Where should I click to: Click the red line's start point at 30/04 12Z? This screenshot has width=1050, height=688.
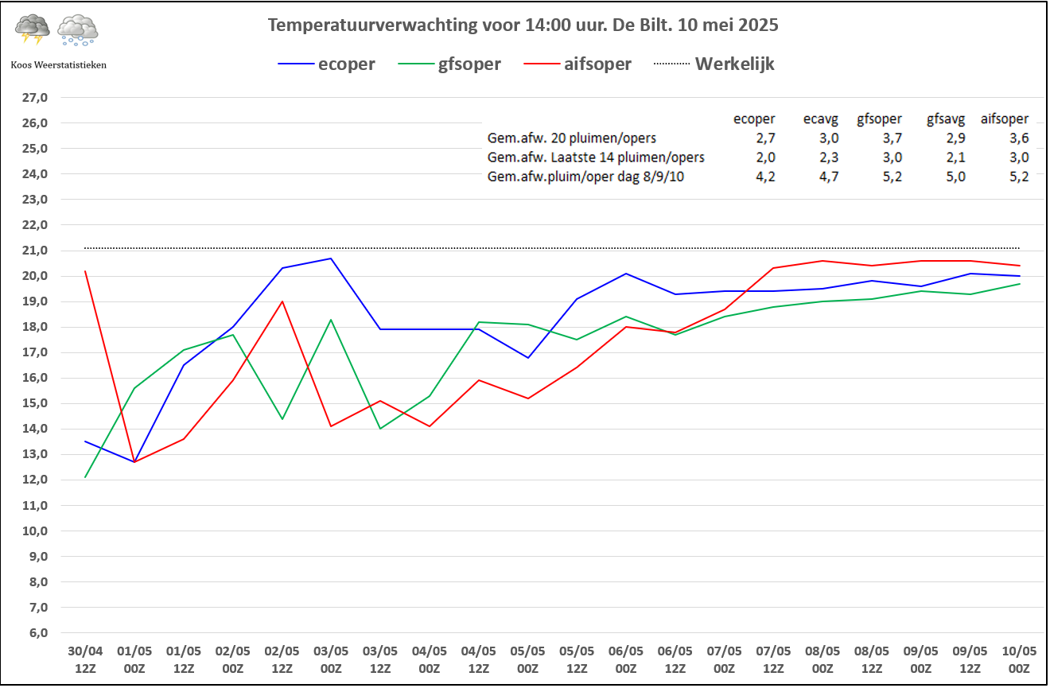pos(85,271)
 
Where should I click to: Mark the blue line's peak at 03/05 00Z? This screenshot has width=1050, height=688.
pos(331,258)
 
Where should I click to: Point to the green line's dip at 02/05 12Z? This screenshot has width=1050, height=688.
pos(282,418)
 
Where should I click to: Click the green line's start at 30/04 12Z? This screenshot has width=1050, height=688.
pos(85,477)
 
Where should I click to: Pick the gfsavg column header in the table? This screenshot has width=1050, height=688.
pos(947,119)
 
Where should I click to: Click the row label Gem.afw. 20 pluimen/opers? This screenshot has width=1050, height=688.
pos(571,138)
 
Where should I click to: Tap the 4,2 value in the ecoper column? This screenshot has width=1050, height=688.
pos(765,177)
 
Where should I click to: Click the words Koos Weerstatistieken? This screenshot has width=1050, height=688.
pos(58,64)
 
